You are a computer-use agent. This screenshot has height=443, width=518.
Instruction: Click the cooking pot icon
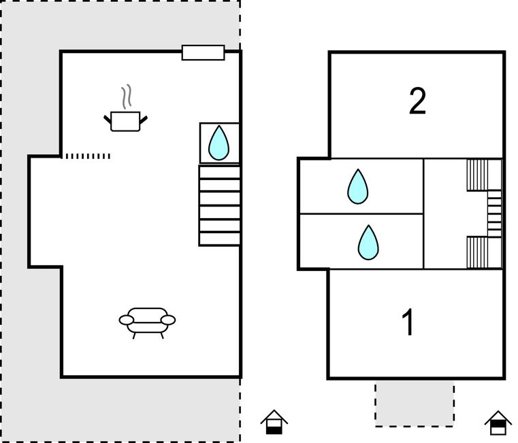click(125, 121)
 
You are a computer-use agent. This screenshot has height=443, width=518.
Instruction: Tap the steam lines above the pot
click(126, 96)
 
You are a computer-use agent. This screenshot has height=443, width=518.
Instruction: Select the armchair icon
click(147, 320)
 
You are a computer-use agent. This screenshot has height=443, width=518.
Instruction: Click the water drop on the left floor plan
click(218, 143)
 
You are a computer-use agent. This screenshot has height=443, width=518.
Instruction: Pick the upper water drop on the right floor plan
click(357, 186)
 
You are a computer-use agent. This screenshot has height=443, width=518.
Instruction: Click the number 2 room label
click(417, 101)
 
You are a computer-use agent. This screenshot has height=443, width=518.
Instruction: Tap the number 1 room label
click(408, 323)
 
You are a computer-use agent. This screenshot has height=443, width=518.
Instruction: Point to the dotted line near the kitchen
click(87, 156)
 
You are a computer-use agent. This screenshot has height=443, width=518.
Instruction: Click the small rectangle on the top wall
click(203, 52)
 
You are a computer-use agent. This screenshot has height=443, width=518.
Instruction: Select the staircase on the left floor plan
click(219, 205)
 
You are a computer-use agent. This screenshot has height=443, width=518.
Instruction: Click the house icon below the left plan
click(274, 422)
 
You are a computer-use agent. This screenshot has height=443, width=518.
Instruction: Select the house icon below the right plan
click(498, 422)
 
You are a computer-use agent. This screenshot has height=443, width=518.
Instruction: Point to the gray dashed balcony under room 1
click(414, 403)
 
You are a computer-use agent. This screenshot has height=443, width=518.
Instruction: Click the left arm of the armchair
click(127, 319)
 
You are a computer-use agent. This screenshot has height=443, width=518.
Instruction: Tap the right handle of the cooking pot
click(143, 120)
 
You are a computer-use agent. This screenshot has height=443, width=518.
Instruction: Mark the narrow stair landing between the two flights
click(494, 213)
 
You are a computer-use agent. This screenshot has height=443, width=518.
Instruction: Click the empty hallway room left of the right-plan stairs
click(444, 213)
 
